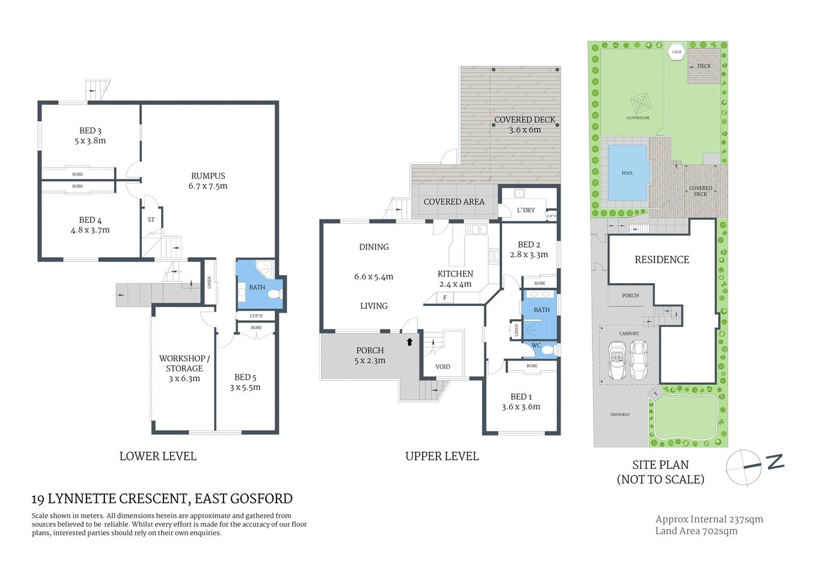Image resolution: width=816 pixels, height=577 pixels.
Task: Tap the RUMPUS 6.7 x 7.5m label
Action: (x=208, y=181)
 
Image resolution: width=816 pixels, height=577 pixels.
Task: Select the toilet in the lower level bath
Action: (x=274, y=294)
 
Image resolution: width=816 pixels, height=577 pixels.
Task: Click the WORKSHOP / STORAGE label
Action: (x=184, y=364)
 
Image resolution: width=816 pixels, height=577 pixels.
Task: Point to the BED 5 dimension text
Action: (x=245, y=387)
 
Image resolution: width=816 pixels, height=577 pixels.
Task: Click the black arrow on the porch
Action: (x=410, y=342)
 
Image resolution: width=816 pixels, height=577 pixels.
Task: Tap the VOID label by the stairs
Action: (x=442, y=367)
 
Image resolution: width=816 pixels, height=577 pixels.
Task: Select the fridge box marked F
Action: (x=445, y=298)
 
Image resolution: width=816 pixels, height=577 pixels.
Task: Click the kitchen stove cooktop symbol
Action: (x=493, y=257)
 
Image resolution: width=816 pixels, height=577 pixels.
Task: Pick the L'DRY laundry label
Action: (x=525, y=210)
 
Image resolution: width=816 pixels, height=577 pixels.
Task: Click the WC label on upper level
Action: (x=536, y=346)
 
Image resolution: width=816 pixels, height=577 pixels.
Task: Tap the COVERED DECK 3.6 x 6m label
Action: (x=525, y=124)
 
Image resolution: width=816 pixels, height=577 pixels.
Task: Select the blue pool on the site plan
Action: (x=627, y=173)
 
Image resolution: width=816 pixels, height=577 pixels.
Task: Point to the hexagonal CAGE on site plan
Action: (x=677, y=52)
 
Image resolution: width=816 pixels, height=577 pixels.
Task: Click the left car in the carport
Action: (x=617, y=361)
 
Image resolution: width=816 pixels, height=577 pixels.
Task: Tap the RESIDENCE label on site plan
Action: (x=662, y=260)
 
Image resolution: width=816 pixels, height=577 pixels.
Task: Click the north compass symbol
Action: (x=745, y=466)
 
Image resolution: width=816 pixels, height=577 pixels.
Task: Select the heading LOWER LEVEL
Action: (x=157, y=456)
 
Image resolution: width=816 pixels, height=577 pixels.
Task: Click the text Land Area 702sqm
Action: (x=696, y=531)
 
